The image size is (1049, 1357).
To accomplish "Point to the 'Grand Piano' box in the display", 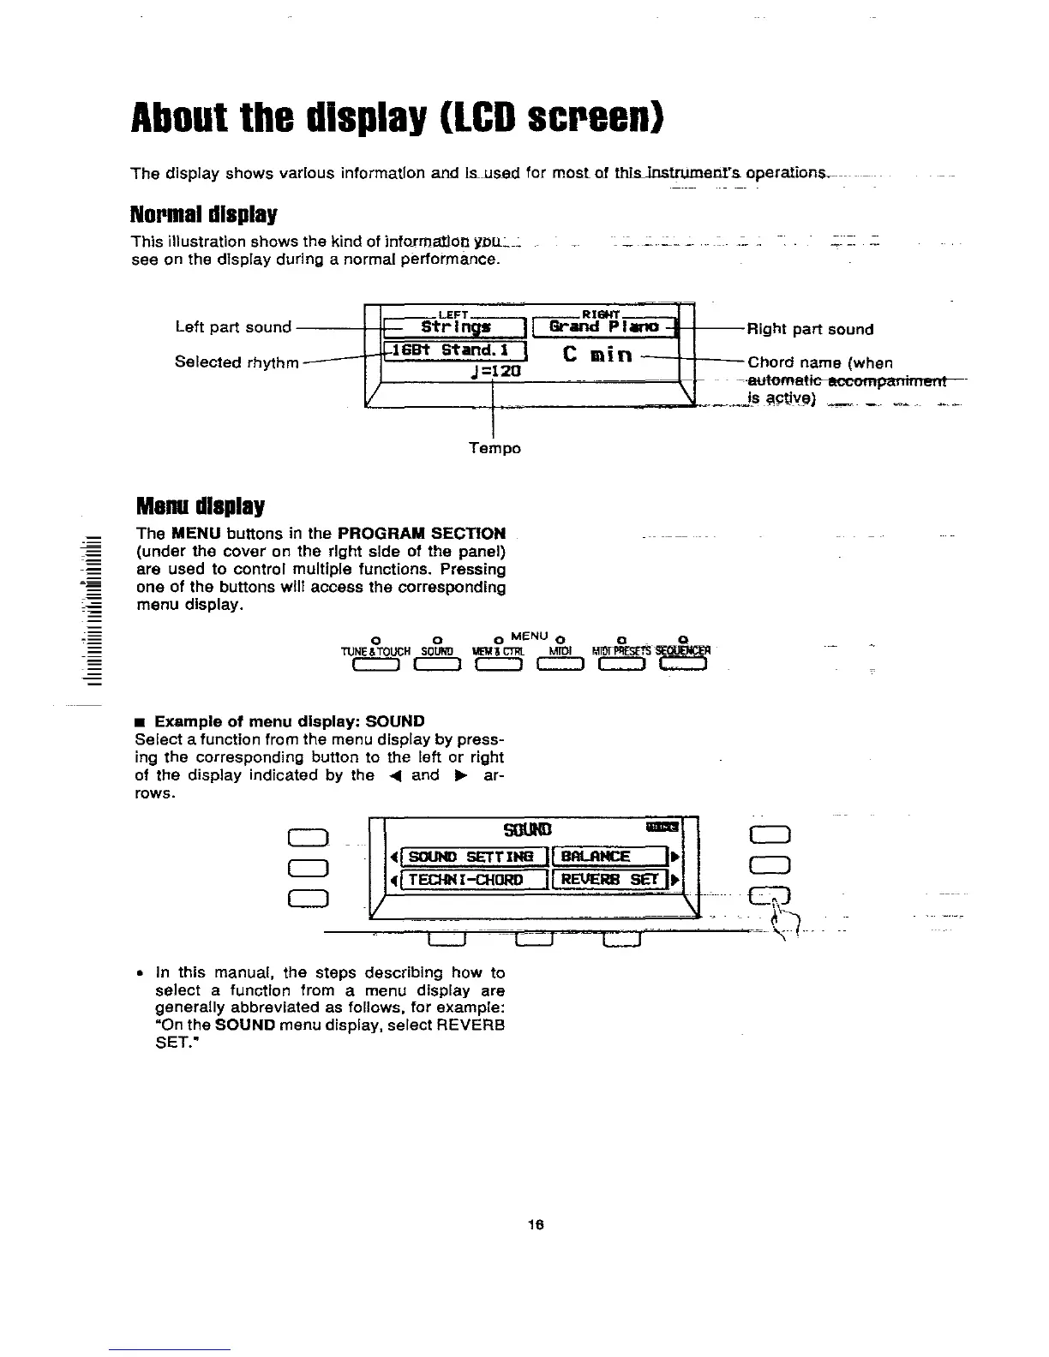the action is (x=603, y=326).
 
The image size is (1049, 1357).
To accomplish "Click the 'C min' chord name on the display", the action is (x=598, y=354).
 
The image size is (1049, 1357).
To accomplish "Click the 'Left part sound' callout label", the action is (x=233, y=327).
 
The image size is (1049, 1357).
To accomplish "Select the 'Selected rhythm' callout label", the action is (x=237, y=362).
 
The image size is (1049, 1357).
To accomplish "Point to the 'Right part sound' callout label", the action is (x=810, y=329).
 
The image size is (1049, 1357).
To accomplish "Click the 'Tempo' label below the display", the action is (x=495, y=448).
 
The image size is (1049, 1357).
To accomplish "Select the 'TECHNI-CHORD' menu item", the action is (x=470, y=880).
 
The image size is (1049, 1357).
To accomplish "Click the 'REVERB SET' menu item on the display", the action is (x=610, y=880).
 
